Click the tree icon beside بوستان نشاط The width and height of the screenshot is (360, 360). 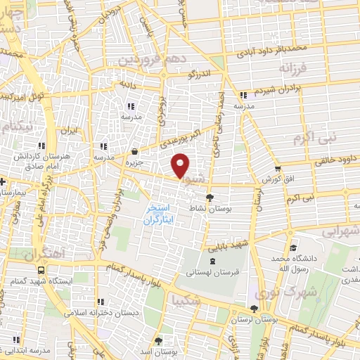(x=209, y=198)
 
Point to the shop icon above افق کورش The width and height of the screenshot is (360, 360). (x=279, y=169)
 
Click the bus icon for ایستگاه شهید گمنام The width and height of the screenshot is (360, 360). (x=42, y=269)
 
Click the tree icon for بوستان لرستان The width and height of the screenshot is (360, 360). (x=254, y=308)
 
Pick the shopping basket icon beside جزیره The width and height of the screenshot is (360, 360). (x=134, y=150)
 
